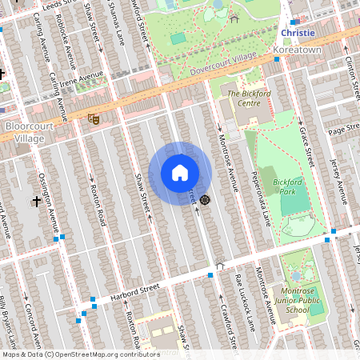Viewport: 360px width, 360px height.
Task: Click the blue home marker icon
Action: (x=180, y=172)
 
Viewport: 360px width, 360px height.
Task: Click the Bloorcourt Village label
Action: (x=30, y=132)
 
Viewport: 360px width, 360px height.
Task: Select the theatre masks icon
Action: (x=93, y=118)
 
